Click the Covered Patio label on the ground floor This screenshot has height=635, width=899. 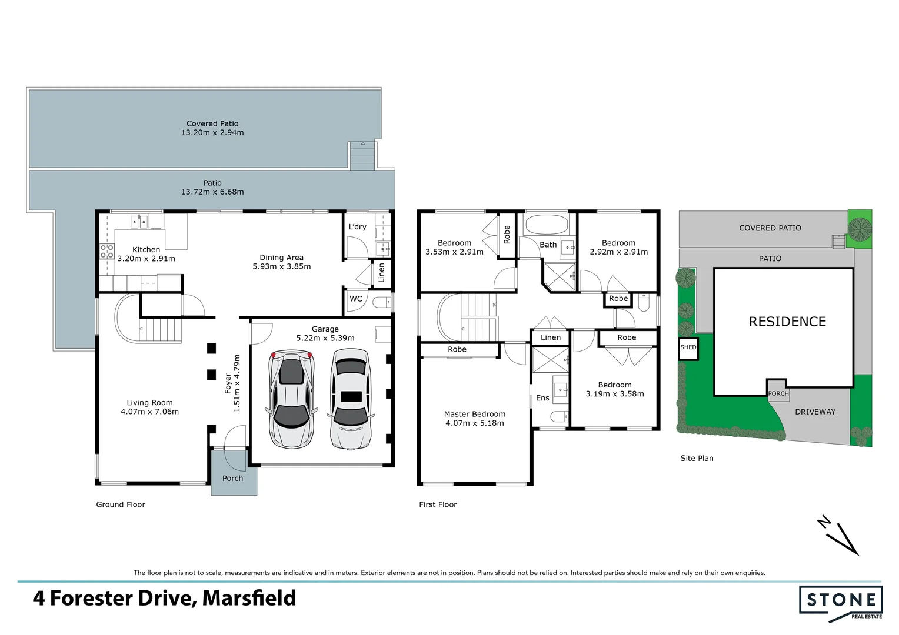tap(212, 123)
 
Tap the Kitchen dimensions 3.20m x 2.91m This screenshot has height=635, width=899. tap(146, 259)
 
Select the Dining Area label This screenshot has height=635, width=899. tap(281, 258)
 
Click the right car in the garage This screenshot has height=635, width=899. tap(351, 399)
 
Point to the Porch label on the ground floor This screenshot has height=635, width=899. tap(232, 478)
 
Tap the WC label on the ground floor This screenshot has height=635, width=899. tap(356, 299)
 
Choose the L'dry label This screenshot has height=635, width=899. tap(357, 227)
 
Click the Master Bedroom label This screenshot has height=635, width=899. tap(474, 414)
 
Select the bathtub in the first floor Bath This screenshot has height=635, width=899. tap(546, 225)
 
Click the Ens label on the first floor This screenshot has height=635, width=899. tap(542, 398)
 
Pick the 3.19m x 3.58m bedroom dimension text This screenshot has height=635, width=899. tap(615, 394)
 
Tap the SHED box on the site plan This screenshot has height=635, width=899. tap(688, 347)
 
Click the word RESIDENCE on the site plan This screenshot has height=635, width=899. tap(787, 322)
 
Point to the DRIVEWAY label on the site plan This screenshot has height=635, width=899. tap(815, 412)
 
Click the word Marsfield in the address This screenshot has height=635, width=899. tap(249, 598)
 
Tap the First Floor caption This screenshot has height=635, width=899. tap(438, 504)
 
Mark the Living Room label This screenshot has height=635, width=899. tap(149, 403)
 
